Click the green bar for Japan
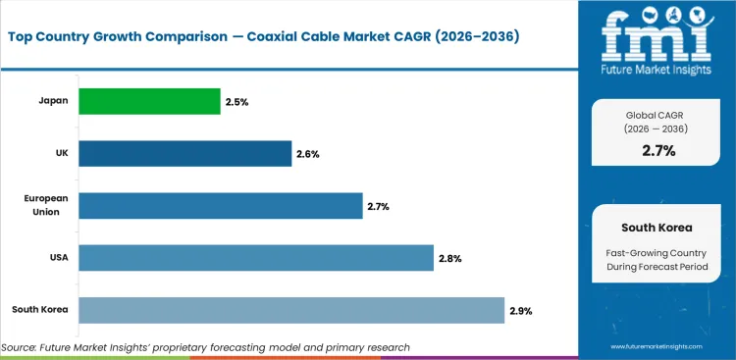click(x=149, y=101)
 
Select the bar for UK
click(x=184, y=153)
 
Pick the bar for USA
click(x=255, y=258)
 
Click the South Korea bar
click(x=290, y=311)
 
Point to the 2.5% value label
click(x=236, y=102)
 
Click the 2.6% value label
click(x=307, y=154)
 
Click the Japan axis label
click(x=53, y=101)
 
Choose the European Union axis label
click(x=45, y=205)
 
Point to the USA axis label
click(x=56, y=258)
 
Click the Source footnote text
click(x=205, y=347)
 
